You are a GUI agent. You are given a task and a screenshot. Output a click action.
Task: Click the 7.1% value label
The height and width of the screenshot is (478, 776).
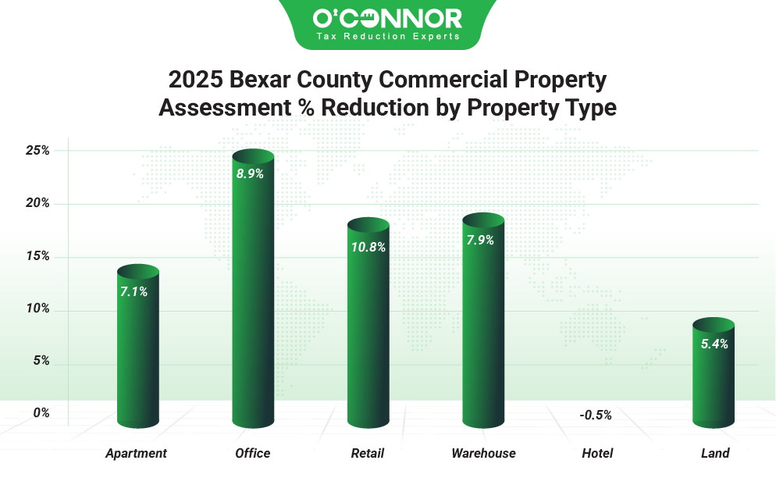tap(133, 292)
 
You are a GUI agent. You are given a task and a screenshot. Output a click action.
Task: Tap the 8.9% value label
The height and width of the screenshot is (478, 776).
tap(250, 174)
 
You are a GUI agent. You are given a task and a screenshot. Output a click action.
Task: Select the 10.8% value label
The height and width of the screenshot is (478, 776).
tap(368, 248)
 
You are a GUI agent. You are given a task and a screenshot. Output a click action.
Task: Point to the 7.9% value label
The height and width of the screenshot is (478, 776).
tap(480, 241)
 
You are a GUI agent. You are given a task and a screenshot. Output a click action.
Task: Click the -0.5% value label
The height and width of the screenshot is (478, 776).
tap(596, 415)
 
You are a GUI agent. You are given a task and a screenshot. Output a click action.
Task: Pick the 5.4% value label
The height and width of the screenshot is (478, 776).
tap(714, 344)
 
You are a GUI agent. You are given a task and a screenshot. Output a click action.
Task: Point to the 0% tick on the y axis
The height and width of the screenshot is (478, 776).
tap(41, 412)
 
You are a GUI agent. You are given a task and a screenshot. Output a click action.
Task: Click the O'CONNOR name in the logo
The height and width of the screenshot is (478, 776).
tap(387, 19)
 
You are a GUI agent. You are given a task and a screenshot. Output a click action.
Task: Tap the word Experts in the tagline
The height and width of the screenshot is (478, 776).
tap(437, 37)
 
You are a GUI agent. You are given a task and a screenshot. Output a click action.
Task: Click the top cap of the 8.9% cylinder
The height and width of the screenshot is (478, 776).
tap(253, 156)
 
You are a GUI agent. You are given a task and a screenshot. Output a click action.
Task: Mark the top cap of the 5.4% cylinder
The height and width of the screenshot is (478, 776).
tap(714, 325)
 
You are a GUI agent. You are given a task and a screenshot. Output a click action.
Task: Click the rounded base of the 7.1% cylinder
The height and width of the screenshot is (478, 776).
tap(138, 422)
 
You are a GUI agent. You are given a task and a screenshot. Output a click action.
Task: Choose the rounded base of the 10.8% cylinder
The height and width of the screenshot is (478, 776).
tap(368, 422)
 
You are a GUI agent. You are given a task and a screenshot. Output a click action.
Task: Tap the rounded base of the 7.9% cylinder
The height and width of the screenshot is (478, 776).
tap(483, 422)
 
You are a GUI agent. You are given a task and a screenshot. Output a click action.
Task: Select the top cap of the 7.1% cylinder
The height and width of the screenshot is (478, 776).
tap(138, 271)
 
